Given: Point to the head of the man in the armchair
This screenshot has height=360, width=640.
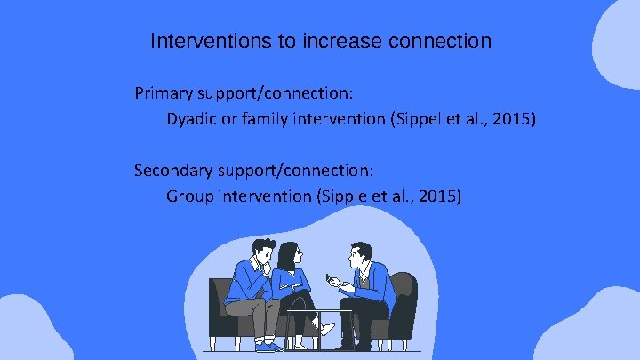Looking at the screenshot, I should (x=359, y=255).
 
